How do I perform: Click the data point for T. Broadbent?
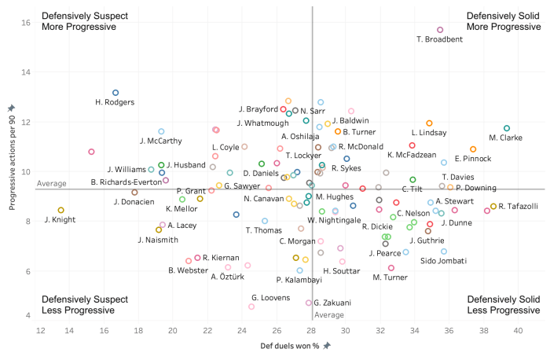(x=440, y=30)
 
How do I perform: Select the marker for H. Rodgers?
(x=115, y=93)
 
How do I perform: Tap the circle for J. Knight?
(x=60, y=210)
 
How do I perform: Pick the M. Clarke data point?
(x=507, y=128)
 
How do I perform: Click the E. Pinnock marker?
(x=473, y=149)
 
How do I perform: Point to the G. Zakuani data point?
(x=309, y=303)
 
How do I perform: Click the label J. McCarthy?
(x=160, y=141)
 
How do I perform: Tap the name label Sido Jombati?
(x=445, y=260)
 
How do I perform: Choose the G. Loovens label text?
(x=250, y=298)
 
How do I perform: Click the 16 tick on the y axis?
(x=25, y=23)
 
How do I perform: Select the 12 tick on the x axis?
(x=41, y=329)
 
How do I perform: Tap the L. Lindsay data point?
(x=429, y=123)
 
